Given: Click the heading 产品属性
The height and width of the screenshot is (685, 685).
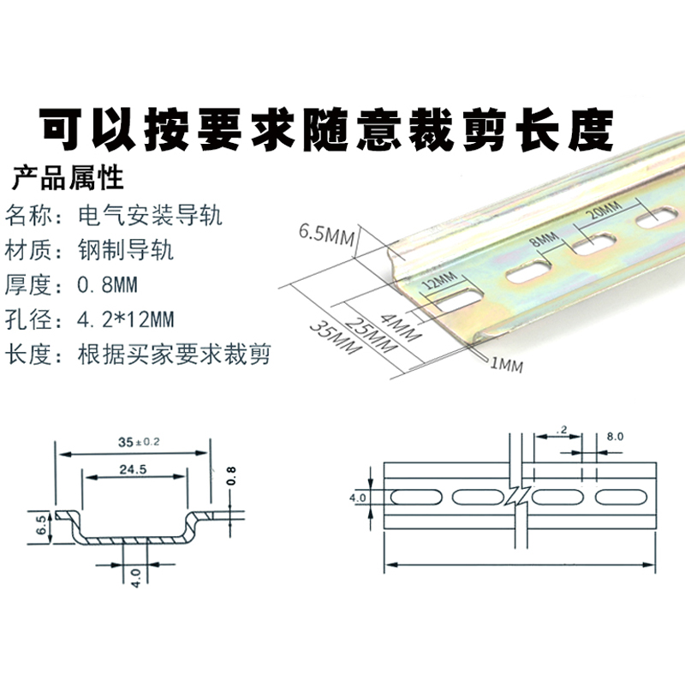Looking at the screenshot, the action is pos(68,179).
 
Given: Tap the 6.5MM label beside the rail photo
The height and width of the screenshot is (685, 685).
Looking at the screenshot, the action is pos(326,234).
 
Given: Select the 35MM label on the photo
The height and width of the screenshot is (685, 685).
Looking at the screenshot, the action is pos(331,340).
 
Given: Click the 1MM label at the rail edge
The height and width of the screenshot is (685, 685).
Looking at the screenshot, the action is pos(505,365).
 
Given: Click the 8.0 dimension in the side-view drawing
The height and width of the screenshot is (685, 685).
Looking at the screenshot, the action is pos(614,436).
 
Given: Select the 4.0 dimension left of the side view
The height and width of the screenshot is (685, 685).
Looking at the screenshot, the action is pos(358,497).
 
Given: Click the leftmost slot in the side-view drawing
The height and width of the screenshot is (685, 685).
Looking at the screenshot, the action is pos(412,497).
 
